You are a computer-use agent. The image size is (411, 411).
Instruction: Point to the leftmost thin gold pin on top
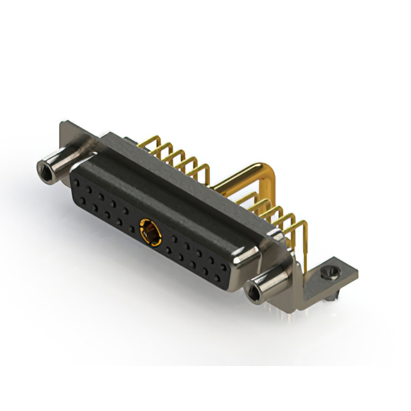click(x=155, y=145)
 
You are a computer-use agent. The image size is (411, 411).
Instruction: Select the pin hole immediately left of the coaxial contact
click(x=127, y=212)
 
